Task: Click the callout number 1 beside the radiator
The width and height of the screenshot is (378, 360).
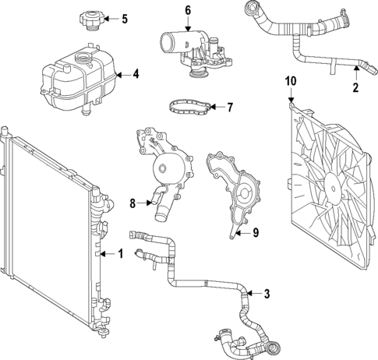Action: pyautogui.click(x=121, y=253)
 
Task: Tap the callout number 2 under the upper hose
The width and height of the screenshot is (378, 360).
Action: pyautogui.click(x=355, y=87)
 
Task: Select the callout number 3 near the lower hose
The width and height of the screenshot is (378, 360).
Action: pyautogui.click(x=267, y=294)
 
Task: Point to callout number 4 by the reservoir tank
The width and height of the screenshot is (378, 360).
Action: pyautogui.click(x=136, y=76)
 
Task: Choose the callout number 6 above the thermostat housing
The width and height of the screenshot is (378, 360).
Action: pyautogui.click(x=188, y=10)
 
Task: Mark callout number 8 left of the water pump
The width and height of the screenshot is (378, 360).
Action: pyautogui.click(x=132, y=204)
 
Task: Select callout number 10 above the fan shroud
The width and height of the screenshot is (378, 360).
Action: pyautogui.click(x=291, y=80)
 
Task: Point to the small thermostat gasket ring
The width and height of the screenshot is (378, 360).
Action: pyautogui.click(x=189, y=105)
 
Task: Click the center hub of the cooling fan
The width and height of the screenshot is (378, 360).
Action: pyautogui.click(x=334, y=188)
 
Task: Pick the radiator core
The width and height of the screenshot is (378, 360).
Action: pyautogui.click(x=47, y=234)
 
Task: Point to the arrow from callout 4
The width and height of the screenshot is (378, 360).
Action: pyautogui.click(x=121, y=76)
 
